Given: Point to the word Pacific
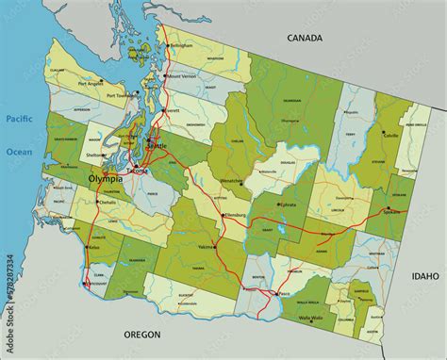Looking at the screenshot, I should (x=19, y=119).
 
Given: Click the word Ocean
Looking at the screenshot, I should (x=19, y=152).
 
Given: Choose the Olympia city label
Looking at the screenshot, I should (x=105, y=178).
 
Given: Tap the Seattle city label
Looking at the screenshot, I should (x=159, y=147).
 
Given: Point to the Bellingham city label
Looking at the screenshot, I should (x=181, y=45).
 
